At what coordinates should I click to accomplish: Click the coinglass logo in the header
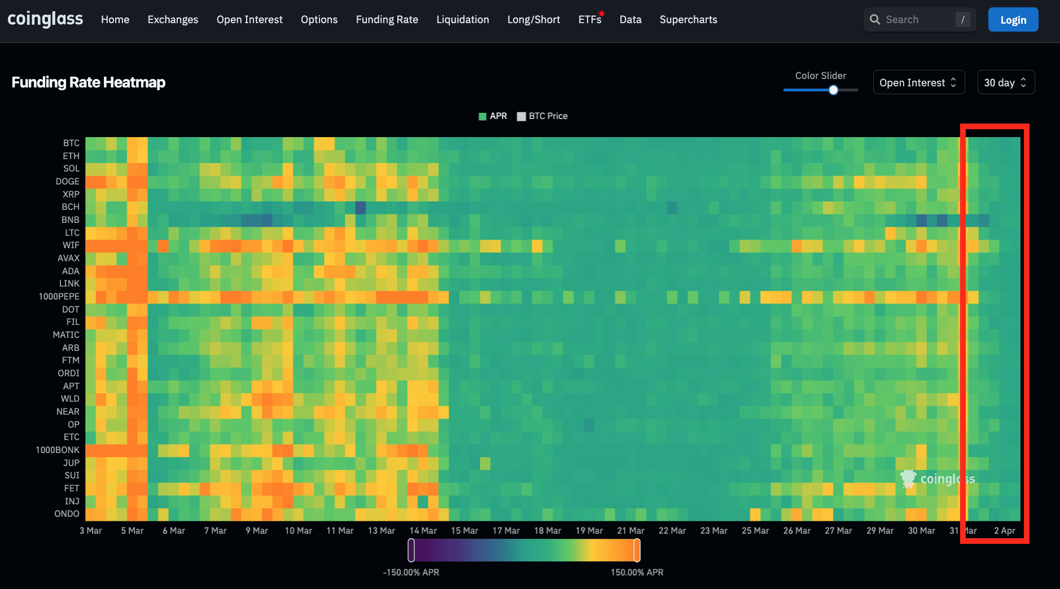click(x=45, y=19)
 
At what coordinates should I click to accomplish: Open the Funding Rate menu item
click(x=387, y=20)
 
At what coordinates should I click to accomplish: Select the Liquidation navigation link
click(x=462, y=20)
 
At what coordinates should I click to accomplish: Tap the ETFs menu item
click(x=589, y=20)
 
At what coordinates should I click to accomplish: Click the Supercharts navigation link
click(x=688, y=20)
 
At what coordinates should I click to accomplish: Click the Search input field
click(x=917, y=20)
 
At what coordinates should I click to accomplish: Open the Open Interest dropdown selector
click(x=918, y=82)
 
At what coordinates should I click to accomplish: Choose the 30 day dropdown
click(x=1005, y=82)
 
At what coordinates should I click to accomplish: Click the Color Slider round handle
click(x=833, y=90)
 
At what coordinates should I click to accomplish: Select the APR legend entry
click(x=493, y=116)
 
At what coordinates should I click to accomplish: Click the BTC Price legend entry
click(x=542, y=116)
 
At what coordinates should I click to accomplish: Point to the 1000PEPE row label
click(x=59, y=297)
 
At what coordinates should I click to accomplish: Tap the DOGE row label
click(x=67, y=182)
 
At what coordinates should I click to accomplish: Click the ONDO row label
click(x=67, y=514)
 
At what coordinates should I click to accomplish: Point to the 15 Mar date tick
click(x=464, y=531)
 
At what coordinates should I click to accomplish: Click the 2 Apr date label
click(x=1004, y=531)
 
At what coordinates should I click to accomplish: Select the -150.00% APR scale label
click(x=411, y=573)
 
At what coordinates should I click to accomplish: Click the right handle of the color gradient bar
click(x=637, y=550)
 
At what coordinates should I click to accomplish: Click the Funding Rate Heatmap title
click(x=89, y=82)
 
